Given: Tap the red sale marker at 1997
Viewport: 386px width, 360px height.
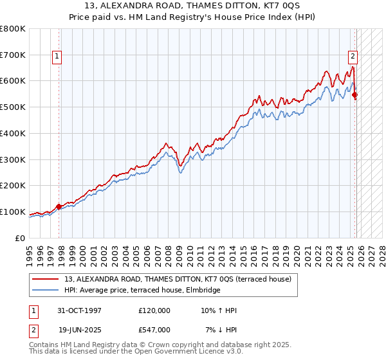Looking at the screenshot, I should [59, 206].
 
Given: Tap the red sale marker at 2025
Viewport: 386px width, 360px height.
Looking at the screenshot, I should [355, 95].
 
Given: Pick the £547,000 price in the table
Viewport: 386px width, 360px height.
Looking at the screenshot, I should [154, 330].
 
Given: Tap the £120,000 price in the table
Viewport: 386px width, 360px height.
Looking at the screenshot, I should [154, 311].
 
